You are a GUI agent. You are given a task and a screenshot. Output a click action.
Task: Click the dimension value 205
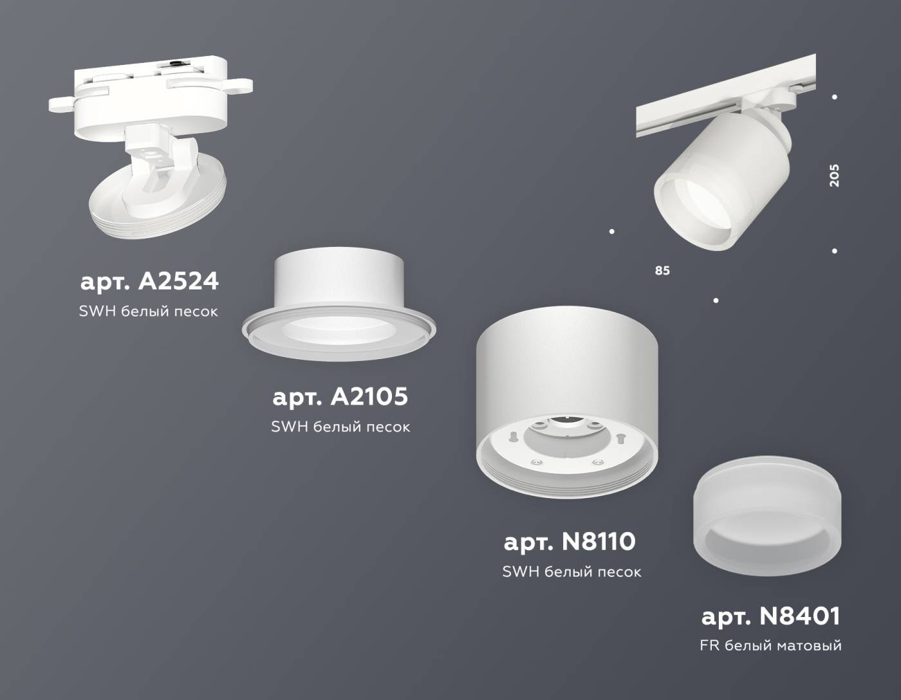coord(834,176)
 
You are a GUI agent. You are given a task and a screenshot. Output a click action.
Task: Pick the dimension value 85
coord(662,271)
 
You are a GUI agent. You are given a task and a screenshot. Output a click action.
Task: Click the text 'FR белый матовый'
coord(770,645)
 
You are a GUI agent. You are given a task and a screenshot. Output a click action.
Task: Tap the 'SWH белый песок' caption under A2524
coord(149,311)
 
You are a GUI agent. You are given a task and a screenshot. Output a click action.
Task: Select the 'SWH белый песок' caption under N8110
coord(571,571)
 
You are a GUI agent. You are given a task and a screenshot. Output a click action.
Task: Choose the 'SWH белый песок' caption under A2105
coord(340,427)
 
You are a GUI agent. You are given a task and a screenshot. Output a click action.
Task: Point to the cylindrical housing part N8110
coord(566,399)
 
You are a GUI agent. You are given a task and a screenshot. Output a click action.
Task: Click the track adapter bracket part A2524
coord(152,97)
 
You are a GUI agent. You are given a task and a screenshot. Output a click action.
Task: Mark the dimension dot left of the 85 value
coord(611,232)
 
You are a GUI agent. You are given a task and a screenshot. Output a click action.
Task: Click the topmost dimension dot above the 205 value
coord(835,97)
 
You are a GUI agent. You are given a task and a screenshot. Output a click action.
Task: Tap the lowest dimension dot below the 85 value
coord(716,300)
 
